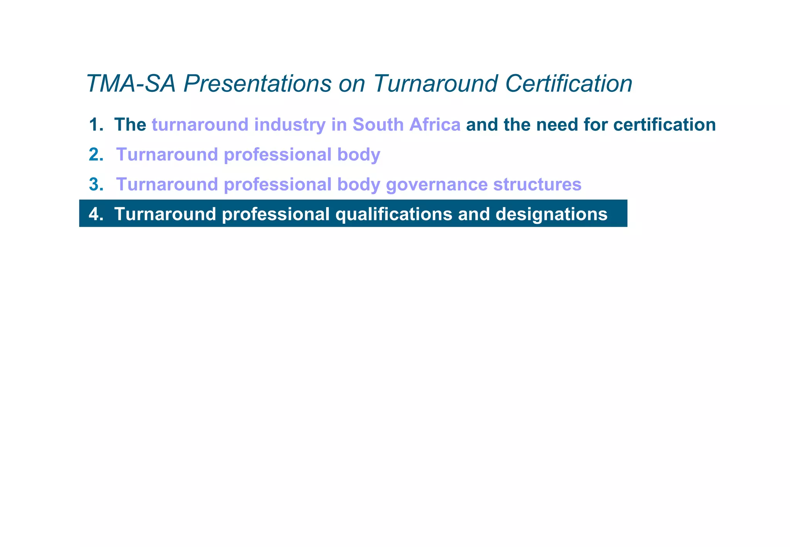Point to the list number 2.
[x=96, y=155]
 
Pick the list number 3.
[x=96, y=184]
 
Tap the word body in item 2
[x=359, y=155]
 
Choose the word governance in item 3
[x=437, y=184]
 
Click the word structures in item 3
[x=537, y=184]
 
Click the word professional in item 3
[x=278, y=184]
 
